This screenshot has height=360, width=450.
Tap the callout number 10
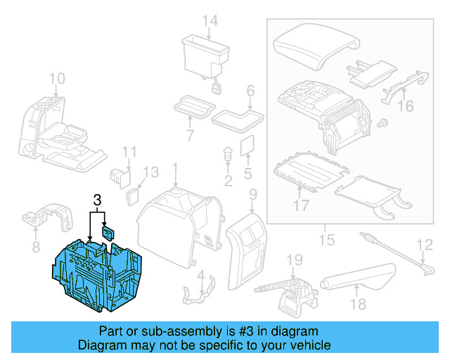pyautogui.click(x=57, y=78)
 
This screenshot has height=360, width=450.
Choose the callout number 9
pyautogui.click(x=253, y=193)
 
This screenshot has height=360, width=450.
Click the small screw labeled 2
pyautogui.click(x=228, y=155)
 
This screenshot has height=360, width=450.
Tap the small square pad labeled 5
pyautogui.click(x=247, y=146)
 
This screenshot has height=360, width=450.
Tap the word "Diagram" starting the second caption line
pyautogui.click(x=100, y=345)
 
